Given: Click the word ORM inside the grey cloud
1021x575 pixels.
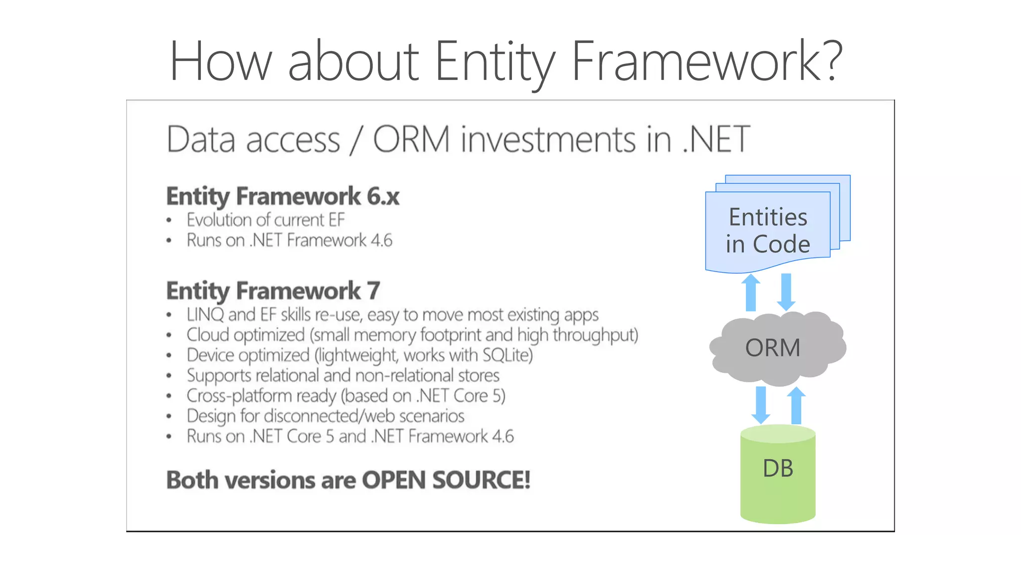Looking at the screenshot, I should [773, 347].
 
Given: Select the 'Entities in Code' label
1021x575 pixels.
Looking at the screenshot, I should [768, 231].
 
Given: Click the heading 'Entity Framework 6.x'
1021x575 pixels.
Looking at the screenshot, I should [283, 196].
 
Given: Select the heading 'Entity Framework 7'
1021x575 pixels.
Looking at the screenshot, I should [273, 290].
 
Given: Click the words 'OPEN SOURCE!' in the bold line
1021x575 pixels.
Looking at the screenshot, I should [446, 480].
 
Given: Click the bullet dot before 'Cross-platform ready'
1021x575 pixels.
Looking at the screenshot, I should [169, 396].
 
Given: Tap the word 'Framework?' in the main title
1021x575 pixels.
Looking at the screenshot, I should [706, 61].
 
